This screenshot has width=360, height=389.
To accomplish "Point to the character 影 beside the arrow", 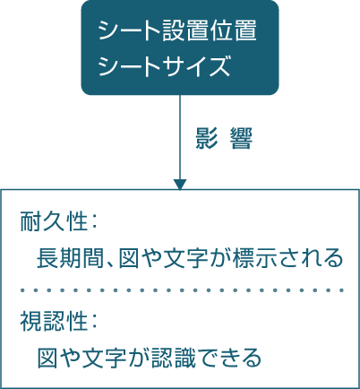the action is click(206, 138).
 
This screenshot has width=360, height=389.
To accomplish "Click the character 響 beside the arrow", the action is click(242, 138).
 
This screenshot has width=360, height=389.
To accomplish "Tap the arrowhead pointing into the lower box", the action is click(180, 185).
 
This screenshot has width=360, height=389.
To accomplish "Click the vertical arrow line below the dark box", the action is click(180, 137).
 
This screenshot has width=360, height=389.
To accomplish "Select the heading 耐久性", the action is click(54, 221).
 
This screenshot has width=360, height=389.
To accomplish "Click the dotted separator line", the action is click(182, 290).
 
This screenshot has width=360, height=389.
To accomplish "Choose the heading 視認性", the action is click(54, 321).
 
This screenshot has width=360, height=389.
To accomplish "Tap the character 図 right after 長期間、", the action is click(129, 257).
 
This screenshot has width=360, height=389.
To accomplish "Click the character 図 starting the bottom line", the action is click(47, 358).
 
